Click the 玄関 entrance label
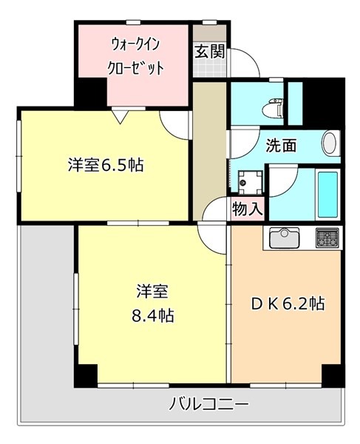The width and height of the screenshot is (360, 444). coord(209,52)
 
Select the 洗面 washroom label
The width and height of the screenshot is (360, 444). coord(281,146)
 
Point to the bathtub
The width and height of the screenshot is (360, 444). coord(327,194)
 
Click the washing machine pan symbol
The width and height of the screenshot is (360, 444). coord(250,182)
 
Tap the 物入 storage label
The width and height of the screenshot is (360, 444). coord(248,209)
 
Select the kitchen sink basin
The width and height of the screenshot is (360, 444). coord(284,238)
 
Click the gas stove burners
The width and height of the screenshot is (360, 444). coord(327,238)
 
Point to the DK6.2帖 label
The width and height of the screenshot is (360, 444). coord(288,303)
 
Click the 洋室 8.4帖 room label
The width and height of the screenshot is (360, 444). coord(152,303)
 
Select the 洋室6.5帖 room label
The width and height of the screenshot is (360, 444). coord(106,165)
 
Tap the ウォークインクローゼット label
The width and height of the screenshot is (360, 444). coord(136,57)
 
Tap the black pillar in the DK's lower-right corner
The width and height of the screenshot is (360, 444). coord(333,375)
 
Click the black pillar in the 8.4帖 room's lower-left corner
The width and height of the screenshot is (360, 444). coord(86,375)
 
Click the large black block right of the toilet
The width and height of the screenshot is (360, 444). coord(324,101)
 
